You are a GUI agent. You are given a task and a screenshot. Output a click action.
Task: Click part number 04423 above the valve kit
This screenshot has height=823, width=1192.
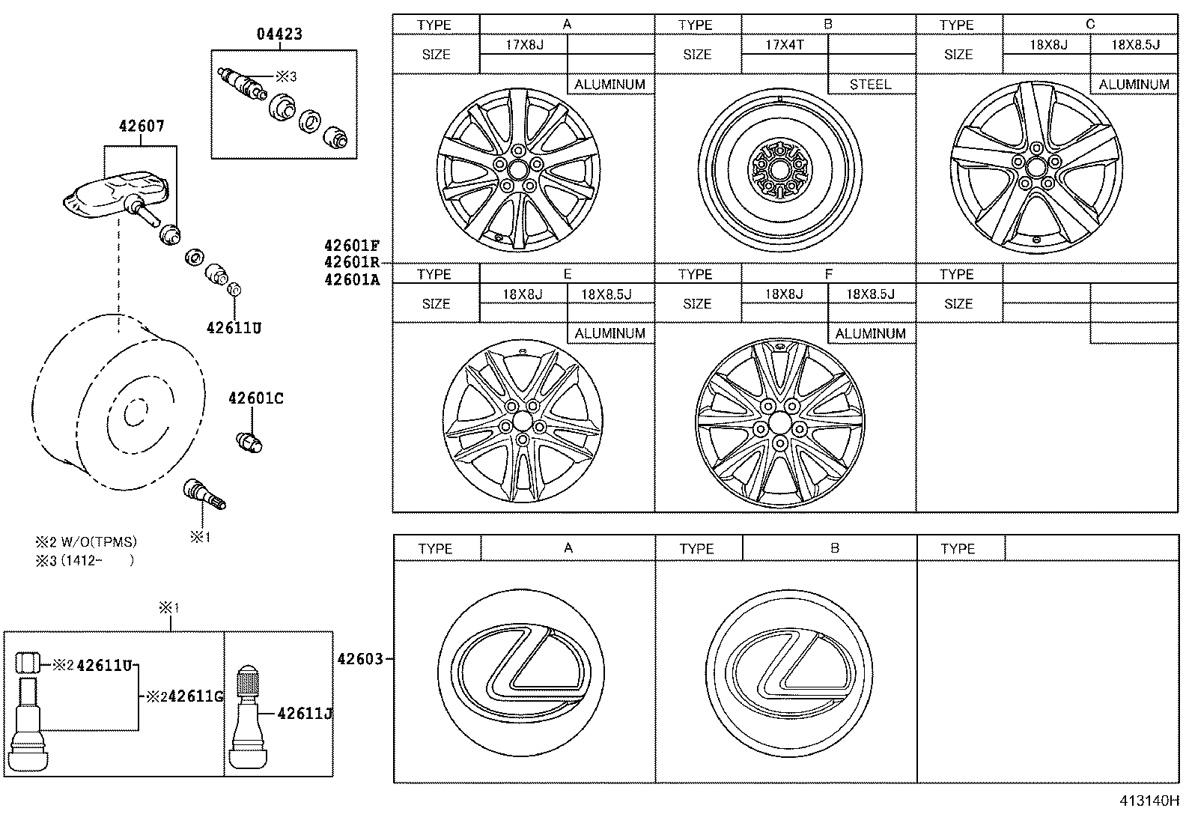pyautogui.click(x=280, y=34)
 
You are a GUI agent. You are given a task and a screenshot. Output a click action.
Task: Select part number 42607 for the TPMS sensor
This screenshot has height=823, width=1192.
pyautogui.click(x=141, y=127)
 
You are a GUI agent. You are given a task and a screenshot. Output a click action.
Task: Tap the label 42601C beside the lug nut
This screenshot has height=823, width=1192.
pyautogui.click(x=255, y=398)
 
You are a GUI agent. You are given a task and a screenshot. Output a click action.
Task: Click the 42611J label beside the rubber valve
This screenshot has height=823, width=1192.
pyautogui.click(x=304, y=714)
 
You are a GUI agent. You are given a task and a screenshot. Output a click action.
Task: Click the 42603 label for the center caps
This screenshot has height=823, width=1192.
pyautogui.click(x=360, y=659)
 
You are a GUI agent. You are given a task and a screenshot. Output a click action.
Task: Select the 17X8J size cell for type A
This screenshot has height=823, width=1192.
pyautogui.click(x=524, y=45)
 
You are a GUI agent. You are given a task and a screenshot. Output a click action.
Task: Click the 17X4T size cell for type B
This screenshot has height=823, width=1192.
pyautogui.click(x=785, y=45)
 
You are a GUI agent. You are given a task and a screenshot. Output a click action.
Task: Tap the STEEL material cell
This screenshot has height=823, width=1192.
pyautogui.click(x=871, y=85)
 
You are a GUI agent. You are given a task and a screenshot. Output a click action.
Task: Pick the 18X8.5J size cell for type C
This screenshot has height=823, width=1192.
pyautogui.click(x=1134, y=45)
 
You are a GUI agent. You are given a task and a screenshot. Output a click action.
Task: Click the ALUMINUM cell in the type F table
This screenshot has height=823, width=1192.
pyautogui.click(x=871, y=333)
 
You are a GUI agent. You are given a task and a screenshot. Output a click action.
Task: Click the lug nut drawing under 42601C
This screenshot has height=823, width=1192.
pyautogui.click(x=249, y=443)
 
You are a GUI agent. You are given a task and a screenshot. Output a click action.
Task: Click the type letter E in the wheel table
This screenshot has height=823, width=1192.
pyautogui.click(x=568, y=274)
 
